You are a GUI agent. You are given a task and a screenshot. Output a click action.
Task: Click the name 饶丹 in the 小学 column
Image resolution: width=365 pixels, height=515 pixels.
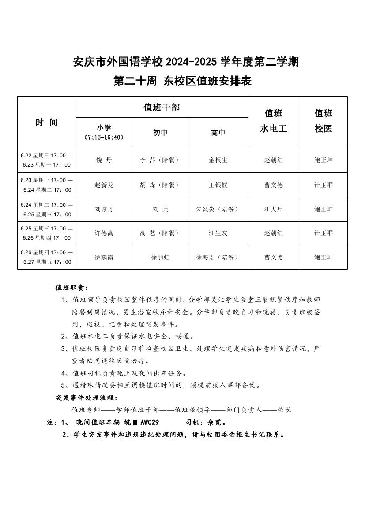coord(104,160)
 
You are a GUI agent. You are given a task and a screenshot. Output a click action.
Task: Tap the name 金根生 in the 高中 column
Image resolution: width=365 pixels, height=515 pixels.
coord(218,160)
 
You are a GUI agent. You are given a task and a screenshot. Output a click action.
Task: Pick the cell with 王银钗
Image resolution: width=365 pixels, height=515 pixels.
coord(218,185)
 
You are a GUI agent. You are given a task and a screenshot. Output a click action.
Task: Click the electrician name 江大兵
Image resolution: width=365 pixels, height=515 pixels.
coord(274,209)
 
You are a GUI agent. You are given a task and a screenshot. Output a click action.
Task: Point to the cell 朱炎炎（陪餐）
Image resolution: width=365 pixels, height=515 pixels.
coord(218,209)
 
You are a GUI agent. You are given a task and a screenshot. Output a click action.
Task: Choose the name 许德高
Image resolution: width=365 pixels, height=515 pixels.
coord(104,233)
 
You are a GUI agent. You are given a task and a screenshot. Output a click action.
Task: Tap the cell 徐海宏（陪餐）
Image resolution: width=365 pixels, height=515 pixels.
coord(218,257)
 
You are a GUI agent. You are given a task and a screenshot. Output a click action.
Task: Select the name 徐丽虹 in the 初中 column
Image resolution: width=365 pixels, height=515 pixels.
coord(160,257)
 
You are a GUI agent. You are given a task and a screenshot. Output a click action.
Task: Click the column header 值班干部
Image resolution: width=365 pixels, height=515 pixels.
coord(162,107)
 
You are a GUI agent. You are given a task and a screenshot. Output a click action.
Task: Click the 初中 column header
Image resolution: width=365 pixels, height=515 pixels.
coord(160,132)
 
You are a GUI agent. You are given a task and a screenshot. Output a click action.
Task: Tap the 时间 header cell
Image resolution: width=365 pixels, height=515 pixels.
coord(47,122)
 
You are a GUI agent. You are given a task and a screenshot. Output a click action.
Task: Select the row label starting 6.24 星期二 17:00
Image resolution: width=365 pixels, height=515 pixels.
coord(47,210)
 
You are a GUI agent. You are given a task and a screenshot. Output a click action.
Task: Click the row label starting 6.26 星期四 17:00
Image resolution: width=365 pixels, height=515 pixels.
coord(47,257)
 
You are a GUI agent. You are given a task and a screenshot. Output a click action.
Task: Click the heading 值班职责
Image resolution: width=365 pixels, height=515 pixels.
coord(71,288)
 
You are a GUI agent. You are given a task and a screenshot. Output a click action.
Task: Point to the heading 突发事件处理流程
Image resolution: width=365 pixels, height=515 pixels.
coord(87,398)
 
